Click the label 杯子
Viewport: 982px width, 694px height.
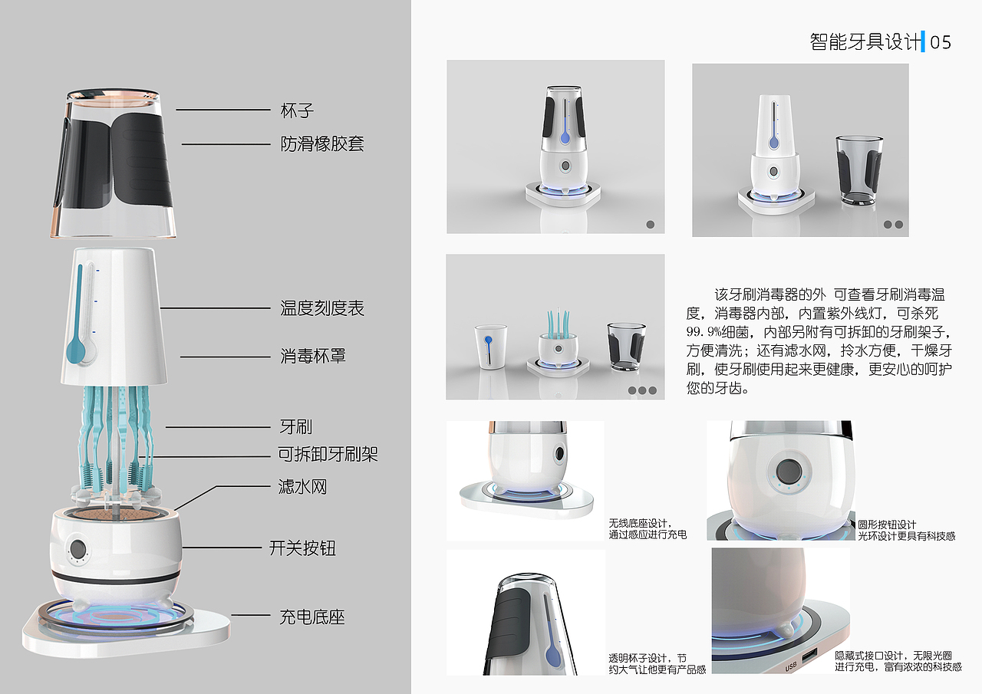point(297,110)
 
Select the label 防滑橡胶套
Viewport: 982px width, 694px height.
point(322,143)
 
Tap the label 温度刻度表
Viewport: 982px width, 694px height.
point(322,308)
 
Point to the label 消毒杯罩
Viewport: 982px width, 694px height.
point(313,356)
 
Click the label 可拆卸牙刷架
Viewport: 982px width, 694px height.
point(328,455)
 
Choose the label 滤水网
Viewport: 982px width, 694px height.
point(302,487)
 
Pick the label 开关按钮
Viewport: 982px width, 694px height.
point(302,548)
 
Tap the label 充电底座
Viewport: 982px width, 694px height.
point(312,617)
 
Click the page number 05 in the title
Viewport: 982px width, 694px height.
point(941,42)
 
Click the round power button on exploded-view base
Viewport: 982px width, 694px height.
point(77,550)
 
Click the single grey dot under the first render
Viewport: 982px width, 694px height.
point(651,225)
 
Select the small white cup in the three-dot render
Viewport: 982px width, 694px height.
point(489,347)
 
